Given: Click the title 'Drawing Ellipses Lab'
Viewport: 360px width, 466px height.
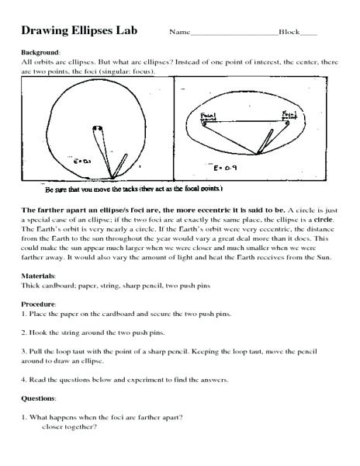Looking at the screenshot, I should pos(82,33).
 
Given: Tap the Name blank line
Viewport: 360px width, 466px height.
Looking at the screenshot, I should pos(233,36).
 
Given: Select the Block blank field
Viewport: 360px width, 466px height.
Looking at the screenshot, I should pos(308,36).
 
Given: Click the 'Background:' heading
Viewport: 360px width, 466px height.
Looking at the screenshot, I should pos(39,52).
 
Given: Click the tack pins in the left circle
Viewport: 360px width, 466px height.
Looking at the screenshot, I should pos(96,128).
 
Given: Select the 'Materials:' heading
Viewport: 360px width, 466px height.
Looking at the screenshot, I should pos(39,276).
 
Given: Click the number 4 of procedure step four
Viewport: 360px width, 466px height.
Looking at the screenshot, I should pos(23,380).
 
